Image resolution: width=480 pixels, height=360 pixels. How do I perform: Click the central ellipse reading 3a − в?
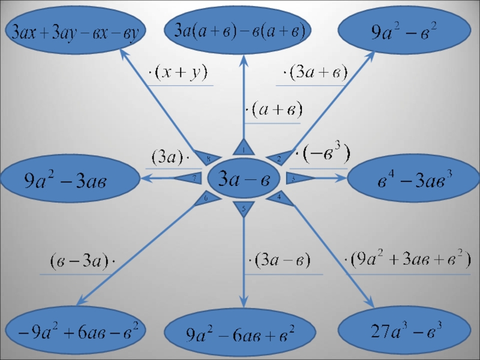click(243, 178)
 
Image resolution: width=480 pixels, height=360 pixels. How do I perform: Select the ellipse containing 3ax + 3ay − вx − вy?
click(74, 31)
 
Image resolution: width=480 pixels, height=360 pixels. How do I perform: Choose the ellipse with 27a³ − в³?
click(404, 329)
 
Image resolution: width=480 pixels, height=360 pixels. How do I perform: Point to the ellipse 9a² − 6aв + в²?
click(239, 332)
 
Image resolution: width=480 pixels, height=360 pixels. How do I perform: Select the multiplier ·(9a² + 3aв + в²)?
click(407, 260)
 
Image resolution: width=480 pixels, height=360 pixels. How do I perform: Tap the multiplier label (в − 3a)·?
click(82, 262)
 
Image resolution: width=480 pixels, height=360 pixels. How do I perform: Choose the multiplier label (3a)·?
click(169, 158)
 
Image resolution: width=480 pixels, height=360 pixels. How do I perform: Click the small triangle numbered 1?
click(244, 148)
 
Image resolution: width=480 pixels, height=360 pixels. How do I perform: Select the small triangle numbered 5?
click(243, 209)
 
